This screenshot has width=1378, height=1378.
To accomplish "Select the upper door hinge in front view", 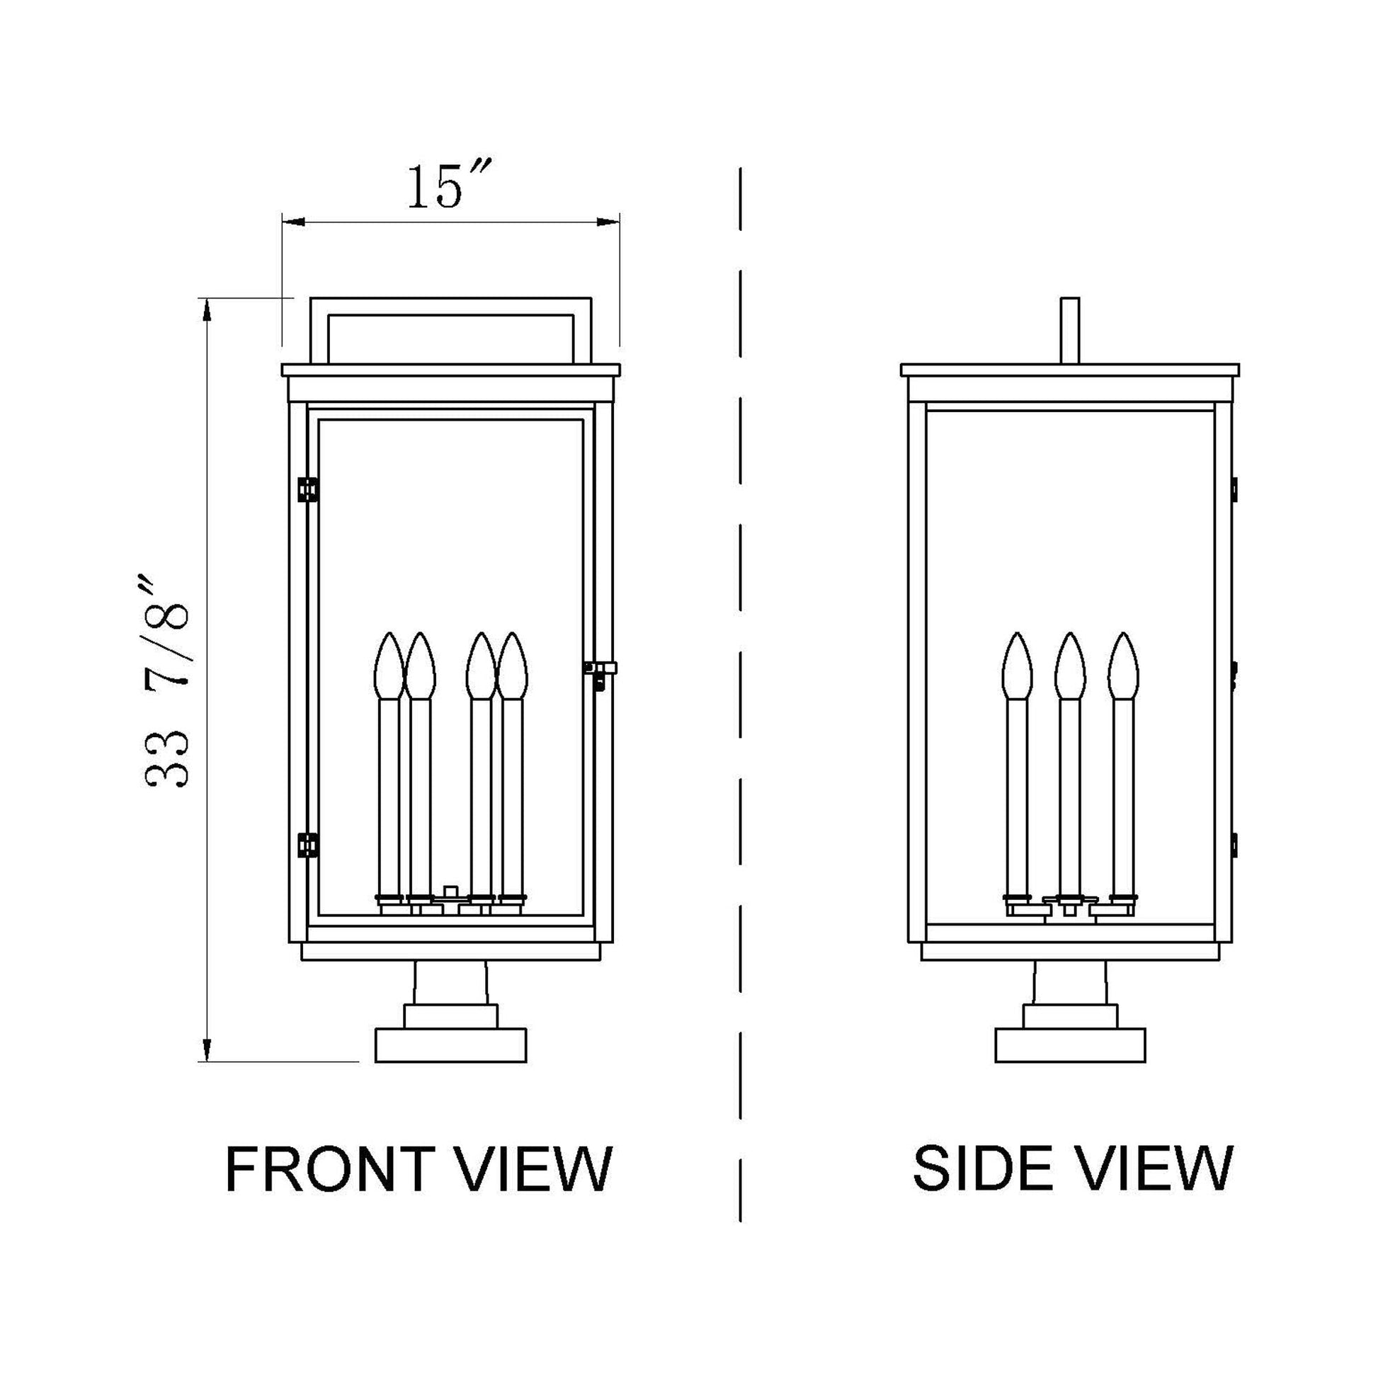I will pyautogui.click(x=307, y=489).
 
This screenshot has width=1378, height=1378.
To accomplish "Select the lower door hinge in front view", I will pyautogui.click(x=307, y=845).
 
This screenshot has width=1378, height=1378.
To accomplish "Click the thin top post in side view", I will pyautogui.click(x=1070, y=329).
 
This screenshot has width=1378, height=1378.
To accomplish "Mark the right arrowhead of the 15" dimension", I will pyautogui.click(x=608, y=223).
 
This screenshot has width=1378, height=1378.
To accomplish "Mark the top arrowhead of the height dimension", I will pyautogui.click(x=206, y=309).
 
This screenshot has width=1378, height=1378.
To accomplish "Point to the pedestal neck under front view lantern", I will pyautogui.click(x=451, y=984).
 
